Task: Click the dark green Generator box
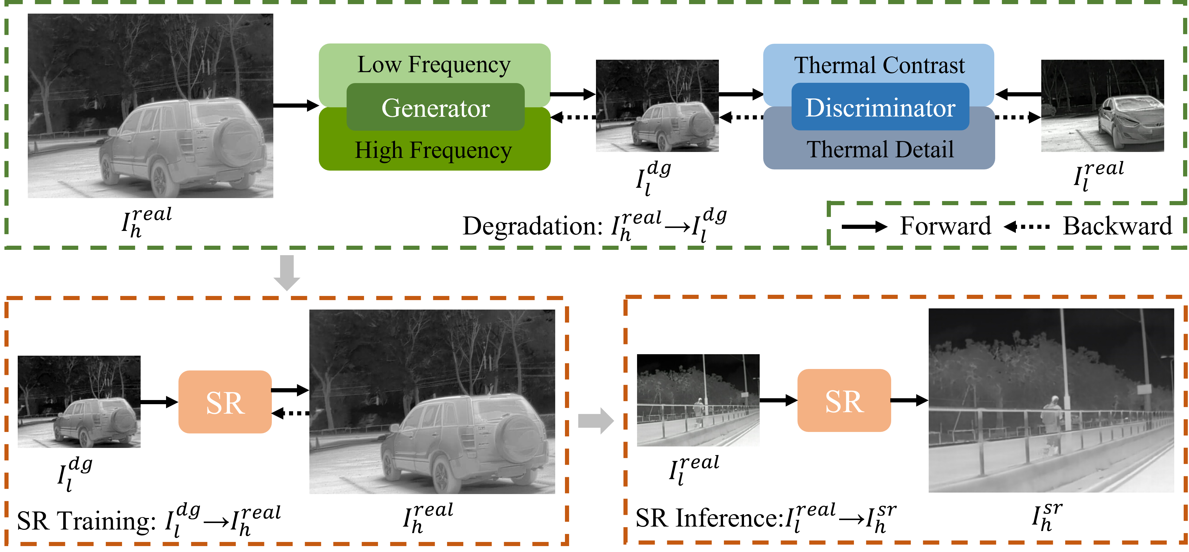point(435,107)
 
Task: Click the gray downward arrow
point(287,273)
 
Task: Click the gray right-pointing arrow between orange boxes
point(595,420)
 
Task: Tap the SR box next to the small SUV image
point(225,402)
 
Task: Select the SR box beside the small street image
point(844,401)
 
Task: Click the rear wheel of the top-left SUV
point(160,180)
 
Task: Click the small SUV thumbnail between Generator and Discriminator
point(657,106)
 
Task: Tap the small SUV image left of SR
point(79,402)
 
